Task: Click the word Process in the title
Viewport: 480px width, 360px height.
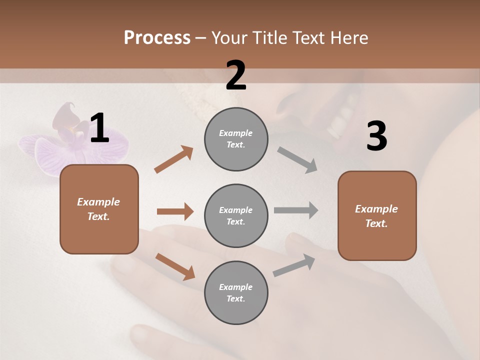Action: (x=157, y=38)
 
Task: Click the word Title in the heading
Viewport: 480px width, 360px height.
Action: (x=266, y=38)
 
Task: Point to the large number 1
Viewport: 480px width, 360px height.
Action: (x=99, y=128)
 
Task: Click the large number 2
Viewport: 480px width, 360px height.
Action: (x=236, y=75)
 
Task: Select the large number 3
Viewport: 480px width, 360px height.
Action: (x=376, y=136)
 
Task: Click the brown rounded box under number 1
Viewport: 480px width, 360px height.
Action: (x=99, y=209)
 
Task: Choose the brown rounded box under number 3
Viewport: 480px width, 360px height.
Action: (x=377, y=215)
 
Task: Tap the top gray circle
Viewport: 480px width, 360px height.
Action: (x=236, y=139)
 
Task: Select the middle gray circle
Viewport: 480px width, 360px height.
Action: (x=236, y=215)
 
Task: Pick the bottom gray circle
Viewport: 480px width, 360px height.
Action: (x=236, y=292)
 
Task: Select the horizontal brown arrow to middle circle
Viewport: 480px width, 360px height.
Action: (x=175, y=211)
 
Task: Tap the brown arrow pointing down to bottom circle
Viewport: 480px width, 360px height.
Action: (x=175, y=266)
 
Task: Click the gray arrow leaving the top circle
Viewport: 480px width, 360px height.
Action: (x=297, y=159)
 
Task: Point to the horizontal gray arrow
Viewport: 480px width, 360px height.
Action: (x=296, y=210)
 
